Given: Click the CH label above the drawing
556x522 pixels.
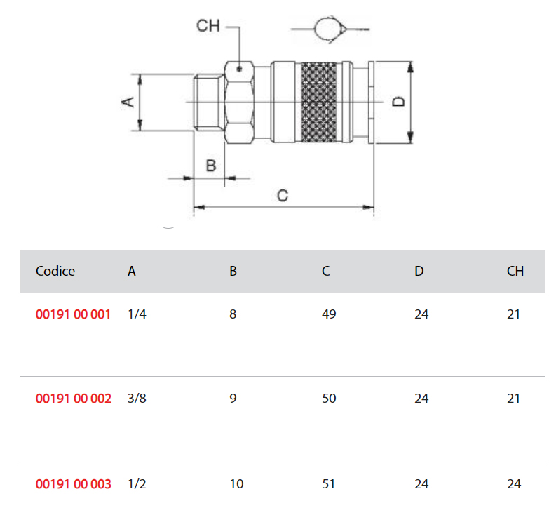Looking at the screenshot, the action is coord(208,26).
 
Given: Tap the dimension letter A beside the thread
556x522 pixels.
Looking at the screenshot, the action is coord(128,102).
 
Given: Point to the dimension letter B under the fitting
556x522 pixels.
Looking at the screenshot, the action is coord(211,166).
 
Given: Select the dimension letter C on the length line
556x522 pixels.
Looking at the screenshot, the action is coord(283,196).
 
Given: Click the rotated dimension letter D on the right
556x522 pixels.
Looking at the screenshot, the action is coord(398,102).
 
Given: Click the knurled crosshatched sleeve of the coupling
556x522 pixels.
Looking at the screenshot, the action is coord(319,102).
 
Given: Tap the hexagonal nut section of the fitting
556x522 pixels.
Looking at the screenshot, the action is coord(239,102).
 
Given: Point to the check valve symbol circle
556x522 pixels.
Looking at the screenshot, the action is coord(327,29).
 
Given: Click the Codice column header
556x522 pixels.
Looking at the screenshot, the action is coord(55,271).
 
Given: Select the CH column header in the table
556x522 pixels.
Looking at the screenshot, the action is coord(515,271).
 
